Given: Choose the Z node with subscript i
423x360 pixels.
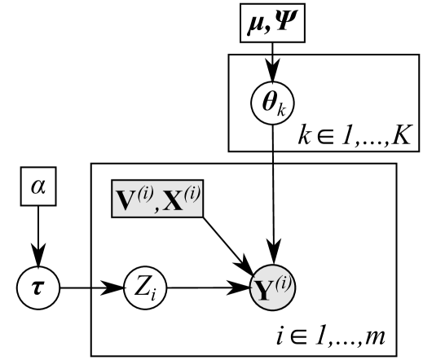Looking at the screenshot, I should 139,287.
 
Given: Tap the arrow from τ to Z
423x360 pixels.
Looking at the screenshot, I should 98,287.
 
